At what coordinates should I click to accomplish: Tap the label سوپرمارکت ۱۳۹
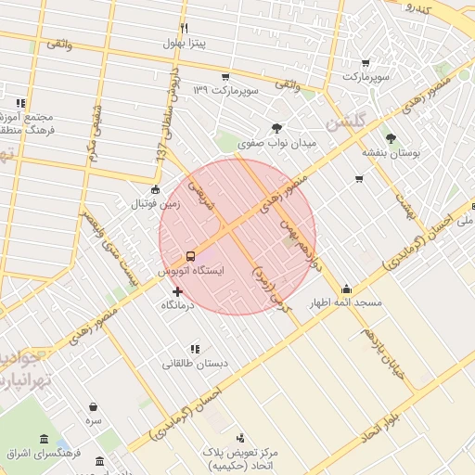(x=224, y=90)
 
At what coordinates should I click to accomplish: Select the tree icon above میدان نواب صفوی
(x=277, y=129)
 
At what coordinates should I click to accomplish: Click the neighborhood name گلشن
(x=348, y=122)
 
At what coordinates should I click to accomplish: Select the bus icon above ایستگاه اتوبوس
(x=190, y=255)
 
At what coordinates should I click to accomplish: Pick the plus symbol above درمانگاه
(x=178, y=291)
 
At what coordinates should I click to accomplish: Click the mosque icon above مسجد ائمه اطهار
(x=347, y=289)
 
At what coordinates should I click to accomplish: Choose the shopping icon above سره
(x=94, y=405)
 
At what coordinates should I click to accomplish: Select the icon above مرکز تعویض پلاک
(x=241, y=437)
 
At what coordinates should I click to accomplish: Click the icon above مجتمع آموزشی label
(x=20, y=103)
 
